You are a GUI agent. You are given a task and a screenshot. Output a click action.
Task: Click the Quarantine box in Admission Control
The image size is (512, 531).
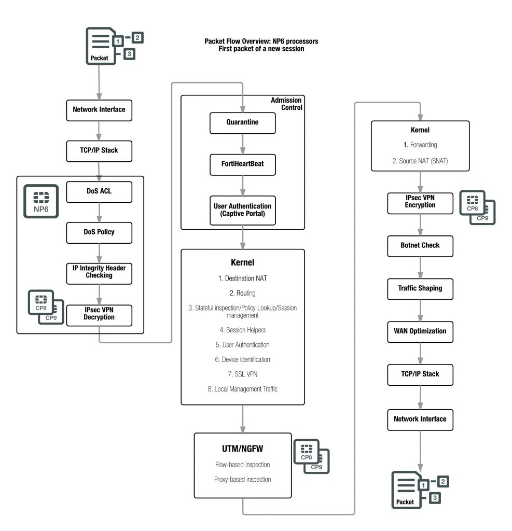(x=242, y=122)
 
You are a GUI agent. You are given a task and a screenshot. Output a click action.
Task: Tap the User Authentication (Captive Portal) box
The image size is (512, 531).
(x=242, y=210)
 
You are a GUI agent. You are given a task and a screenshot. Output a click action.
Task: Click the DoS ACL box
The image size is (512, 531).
(x=99, y=191)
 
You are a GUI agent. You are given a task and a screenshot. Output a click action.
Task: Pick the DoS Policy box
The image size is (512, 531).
(x=99, y=232)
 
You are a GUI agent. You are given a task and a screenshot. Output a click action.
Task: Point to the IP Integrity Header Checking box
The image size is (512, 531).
(x=99, y=272)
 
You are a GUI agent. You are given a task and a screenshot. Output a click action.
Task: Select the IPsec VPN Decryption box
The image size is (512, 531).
(x=99, y=314)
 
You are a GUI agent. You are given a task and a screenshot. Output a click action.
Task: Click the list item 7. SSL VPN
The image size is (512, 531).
(x=242, y=374)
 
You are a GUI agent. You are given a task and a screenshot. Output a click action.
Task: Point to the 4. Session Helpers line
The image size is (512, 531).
(x=242, y=329)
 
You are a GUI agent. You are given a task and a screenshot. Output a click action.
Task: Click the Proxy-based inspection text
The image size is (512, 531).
(x=242, y=479)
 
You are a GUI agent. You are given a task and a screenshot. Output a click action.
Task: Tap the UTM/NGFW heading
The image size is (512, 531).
(x=242, y=448)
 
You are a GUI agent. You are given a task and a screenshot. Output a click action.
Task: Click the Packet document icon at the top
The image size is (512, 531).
(x=100, y=46)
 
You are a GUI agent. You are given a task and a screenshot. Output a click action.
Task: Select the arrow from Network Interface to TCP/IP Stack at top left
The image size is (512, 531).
(x=99, y=130)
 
